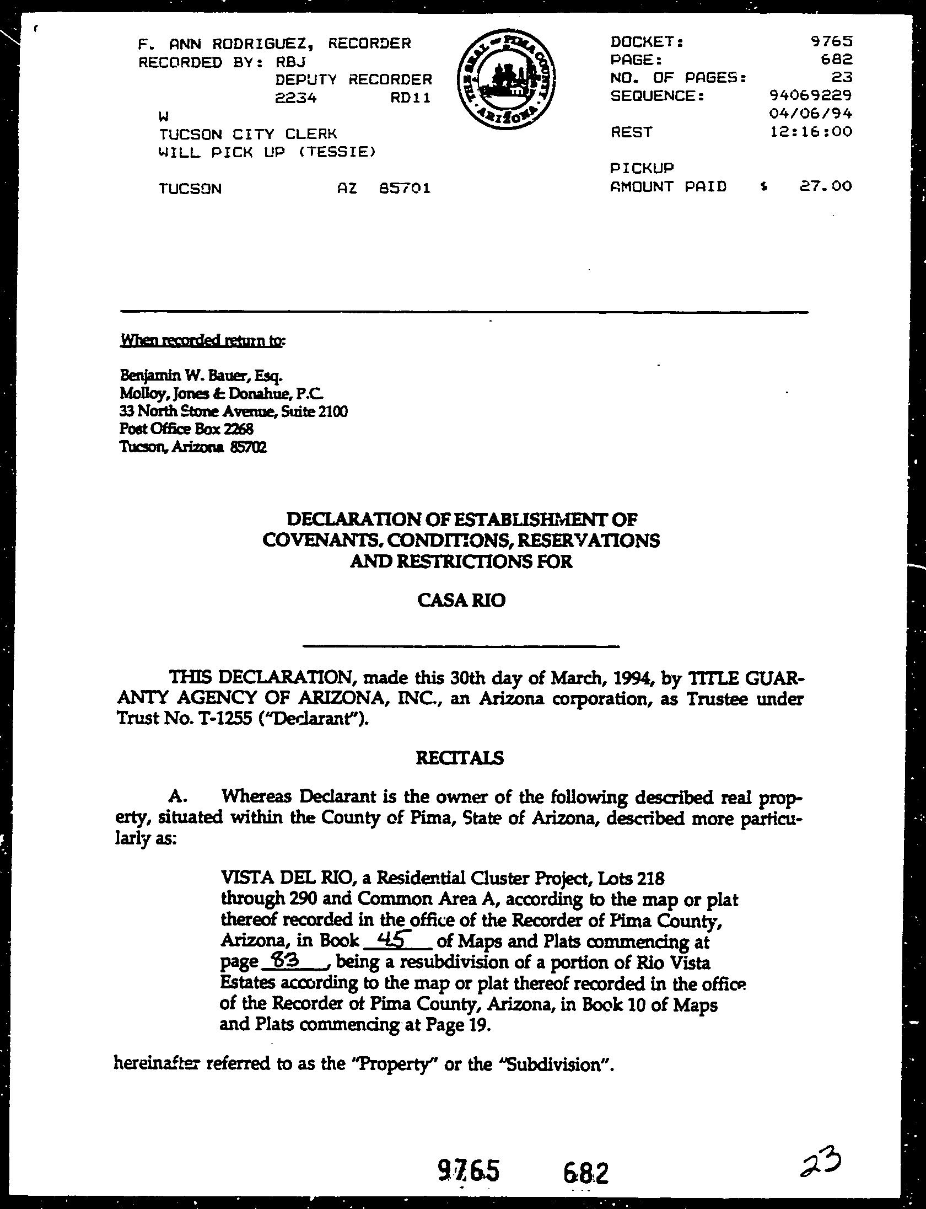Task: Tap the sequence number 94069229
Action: point(810,95)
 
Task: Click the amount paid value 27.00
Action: point(825,186)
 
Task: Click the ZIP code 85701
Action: point(405,189)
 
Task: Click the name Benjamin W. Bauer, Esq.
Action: point(201,377)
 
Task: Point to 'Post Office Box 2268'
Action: point(186,429)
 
